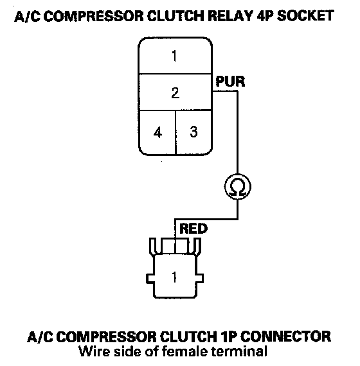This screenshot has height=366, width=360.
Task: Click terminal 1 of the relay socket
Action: coord(175,56)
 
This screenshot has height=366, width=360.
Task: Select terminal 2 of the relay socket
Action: coord(175,92)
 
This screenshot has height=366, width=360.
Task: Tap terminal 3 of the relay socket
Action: coord(194,132)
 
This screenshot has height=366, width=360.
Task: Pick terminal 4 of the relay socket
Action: coord(157,132)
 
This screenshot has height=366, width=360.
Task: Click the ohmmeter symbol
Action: coord(238,187)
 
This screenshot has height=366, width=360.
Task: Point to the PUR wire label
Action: coord(230,82)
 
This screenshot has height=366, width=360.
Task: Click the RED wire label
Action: coord(194,229)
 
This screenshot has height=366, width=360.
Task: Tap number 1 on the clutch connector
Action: coord(174,277)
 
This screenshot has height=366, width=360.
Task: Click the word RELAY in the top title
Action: coord(230,16)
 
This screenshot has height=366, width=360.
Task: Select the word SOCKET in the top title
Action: coord(305,16)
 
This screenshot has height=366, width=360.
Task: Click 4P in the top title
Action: coord(265,16)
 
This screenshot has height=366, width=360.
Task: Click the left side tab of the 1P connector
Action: coord(150,279)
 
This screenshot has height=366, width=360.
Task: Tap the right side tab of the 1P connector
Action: coord(199,279)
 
